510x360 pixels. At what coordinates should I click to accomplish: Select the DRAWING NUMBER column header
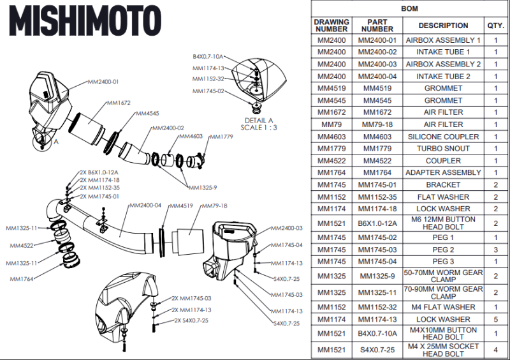click(x=331, y=26)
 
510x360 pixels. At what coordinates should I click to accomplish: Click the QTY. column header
click(x=495, y=26)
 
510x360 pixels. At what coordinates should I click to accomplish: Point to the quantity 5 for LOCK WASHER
click(x=495, y=319)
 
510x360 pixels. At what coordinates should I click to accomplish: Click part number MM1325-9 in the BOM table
click(x=377, y=276)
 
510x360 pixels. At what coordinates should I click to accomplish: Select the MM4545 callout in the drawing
click(x=147, y=114)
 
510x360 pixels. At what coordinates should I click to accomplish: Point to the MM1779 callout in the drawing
click(x=221, y=137)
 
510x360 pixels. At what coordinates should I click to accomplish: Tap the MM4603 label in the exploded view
click(x=191, y=136)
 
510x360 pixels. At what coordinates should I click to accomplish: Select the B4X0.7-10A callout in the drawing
click(x=208, y=57)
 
